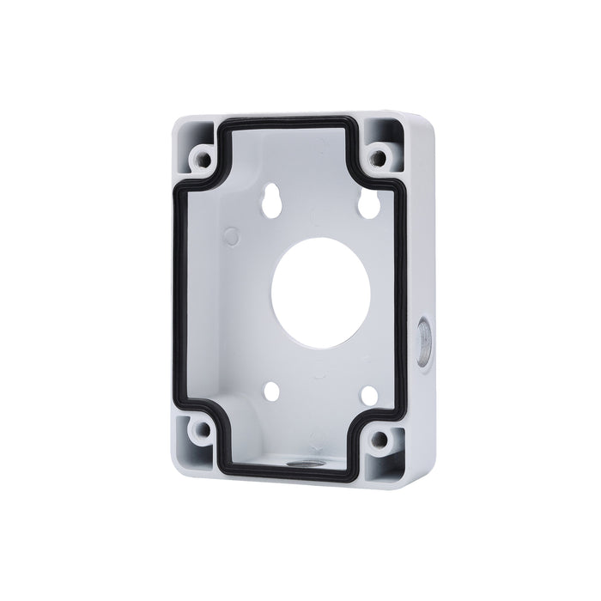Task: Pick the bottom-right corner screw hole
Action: pos(378,440)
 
